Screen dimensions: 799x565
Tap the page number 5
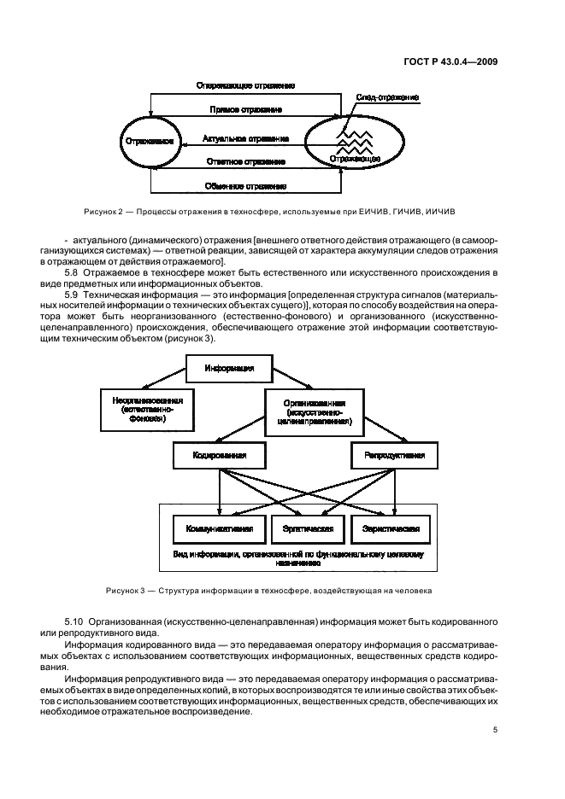[x=496, y=730]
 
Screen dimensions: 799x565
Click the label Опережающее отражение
[x=245, y=86]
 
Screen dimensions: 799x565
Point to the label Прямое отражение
[x=246, y=111]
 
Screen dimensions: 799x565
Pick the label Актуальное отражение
[x=245, y=137]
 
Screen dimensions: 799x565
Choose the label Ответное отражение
[x=245, y=160]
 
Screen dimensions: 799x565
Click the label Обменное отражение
[x=245, y=185]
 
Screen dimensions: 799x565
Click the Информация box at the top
[x=229, y=369]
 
